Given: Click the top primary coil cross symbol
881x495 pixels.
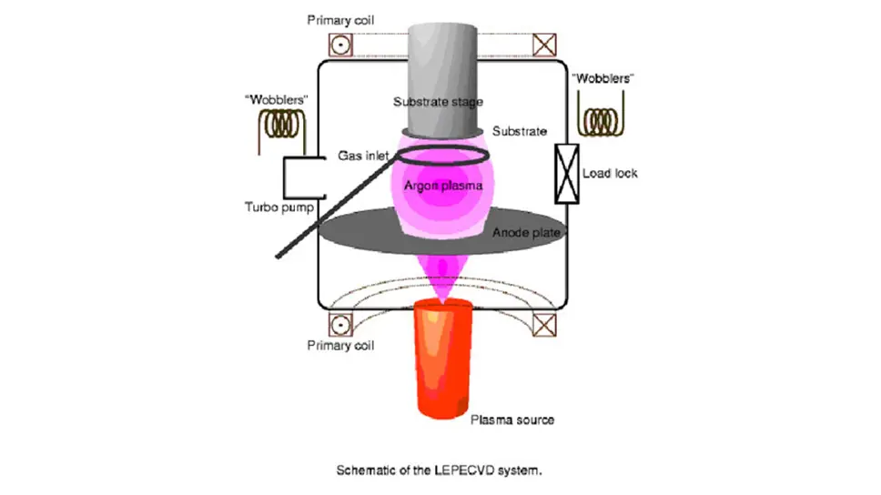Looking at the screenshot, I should coord(544,45).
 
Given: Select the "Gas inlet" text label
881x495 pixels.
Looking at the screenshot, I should coord(363,157).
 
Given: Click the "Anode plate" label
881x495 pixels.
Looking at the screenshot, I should coord(524,233).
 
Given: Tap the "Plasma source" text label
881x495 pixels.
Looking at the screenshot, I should coord(511,419).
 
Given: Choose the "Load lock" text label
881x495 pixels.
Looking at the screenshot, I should coord(609,173).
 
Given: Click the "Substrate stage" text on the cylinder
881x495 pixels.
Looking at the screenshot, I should coord(438,101).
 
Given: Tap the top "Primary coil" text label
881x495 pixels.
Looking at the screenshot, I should coord(341,21).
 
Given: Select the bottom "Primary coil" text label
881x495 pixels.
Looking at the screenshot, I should coord(341,346).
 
